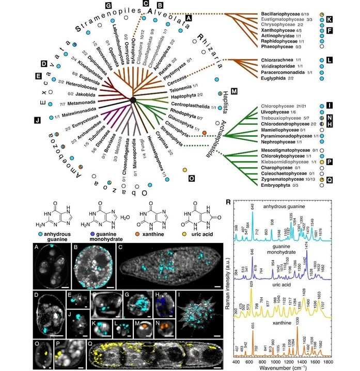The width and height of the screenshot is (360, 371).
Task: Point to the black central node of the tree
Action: pos(133,100)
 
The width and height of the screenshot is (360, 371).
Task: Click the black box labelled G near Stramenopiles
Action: pos(108,5)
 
